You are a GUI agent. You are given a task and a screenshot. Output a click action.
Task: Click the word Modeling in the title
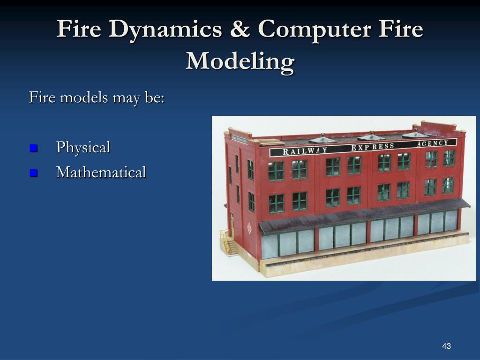pos(240,61)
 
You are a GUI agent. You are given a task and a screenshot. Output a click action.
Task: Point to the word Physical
pos(83,147)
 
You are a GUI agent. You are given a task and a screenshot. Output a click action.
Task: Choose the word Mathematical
pos(101,172)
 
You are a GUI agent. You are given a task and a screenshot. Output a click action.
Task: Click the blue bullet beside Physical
pos(33,148)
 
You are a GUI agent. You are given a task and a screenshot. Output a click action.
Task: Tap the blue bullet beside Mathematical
pos(33,173)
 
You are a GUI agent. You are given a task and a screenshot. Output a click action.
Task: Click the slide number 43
pos(446,346)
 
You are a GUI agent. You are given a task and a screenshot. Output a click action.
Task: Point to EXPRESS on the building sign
pos(373,147)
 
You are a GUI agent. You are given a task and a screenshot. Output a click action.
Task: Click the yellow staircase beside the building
pos(230,243)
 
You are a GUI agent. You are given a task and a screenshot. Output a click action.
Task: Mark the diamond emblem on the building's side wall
pos(249,229)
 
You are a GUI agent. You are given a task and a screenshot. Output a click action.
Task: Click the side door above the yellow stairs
pos(232,224)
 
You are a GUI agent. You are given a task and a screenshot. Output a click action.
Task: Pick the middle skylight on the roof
pos(371,136)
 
